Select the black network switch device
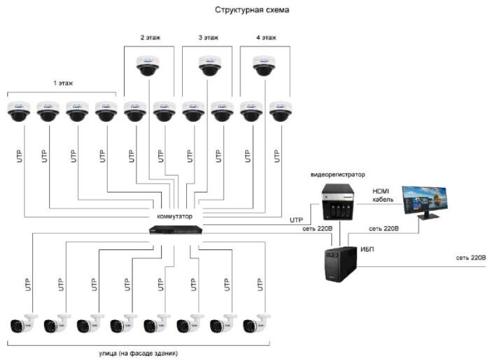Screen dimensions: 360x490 176,230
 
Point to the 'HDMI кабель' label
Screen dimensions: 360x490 381,195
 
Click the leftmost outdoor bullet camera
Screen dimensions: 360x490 19,324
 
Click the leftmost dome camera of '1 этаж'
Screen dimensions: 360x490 18,110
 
